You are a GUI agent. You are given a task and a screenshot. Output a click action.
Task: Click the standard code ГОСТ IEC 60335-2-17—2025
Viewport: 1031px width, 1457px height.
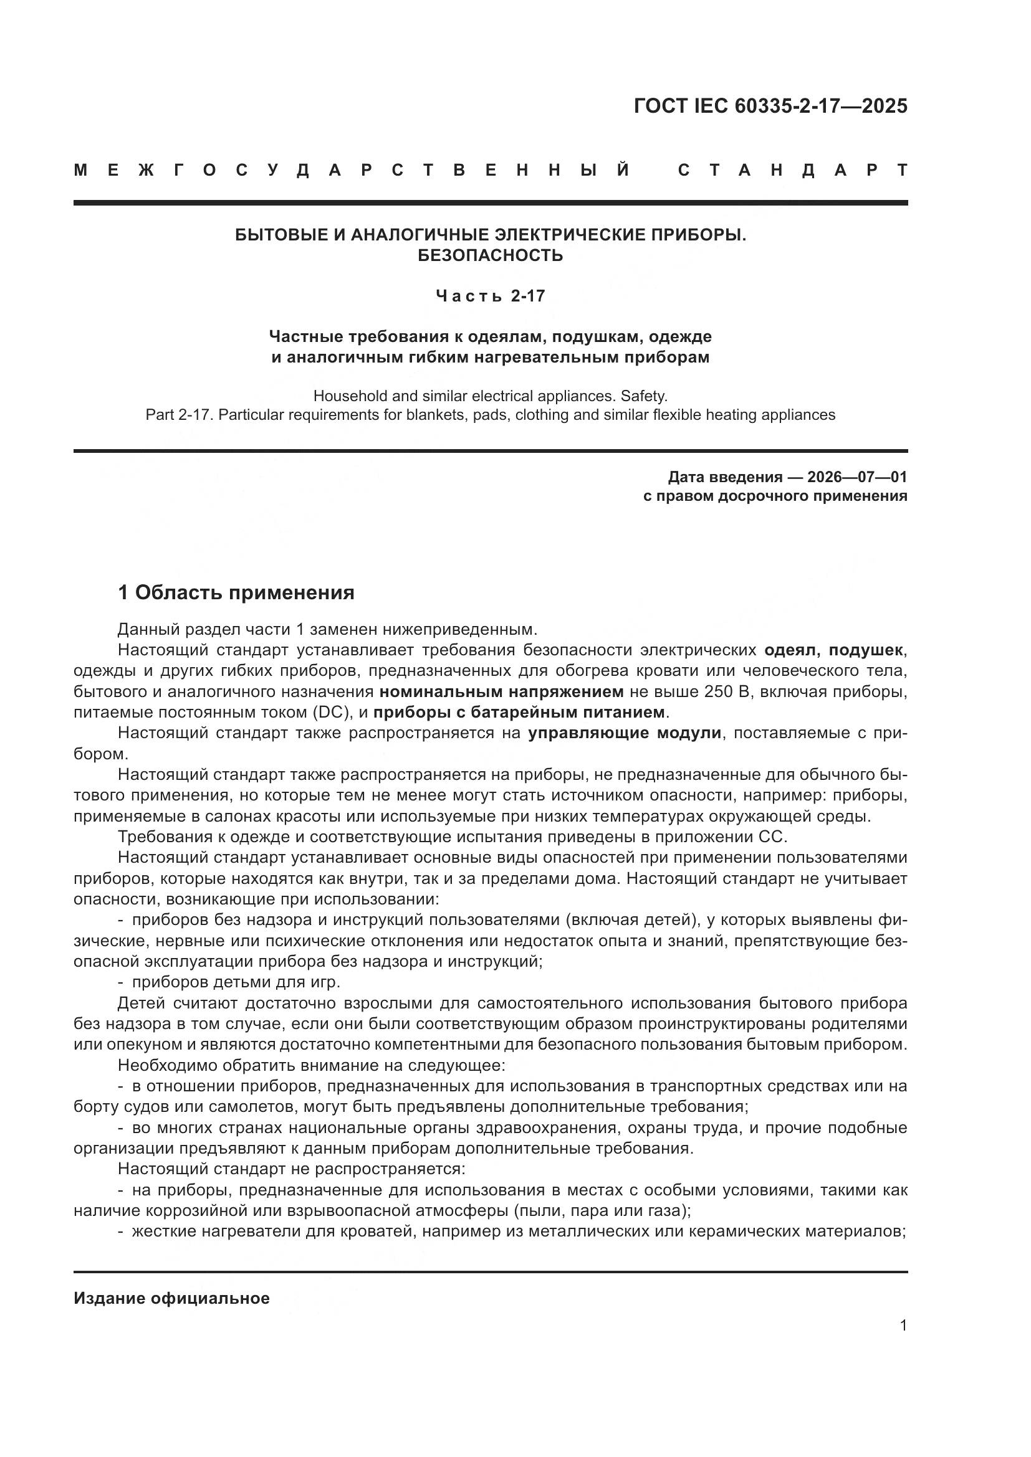pyautogui.click(x=770, y=106)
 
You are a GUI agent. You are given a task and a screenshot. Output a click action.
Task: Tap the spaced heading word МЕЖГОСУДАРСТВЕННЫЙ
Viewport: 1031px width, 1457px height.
pyautogui.click(x=352, y=170)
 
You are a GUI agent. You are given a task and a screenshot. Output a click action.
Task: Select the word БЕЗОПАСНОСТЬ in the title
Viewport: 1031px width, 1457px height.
pyautogui.click(x=490, y=256)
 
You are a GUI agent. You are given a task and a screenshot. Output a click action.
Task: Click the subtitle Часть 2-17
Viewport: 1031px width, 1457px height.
pyautogui.click(x=490, y=297)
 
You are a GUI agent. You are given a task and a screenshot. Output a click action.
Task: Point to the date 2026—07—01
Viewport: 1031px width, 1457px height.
pyautogui.click(x=857, y=477)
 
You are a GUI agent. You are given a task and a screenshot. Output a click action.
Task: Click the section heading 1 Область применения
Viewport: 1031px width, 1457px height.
pyautogui.click(x=236, y=592)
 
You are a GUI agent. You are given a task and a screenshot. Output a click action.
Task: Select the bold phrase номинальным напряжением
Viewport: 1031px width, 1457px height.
pyautogui.click(x=502, y=691)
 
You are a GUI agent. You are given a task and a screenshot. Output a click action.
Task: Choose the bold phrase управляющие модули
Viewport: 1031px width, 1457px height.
pyautogui.click(x=625, y=733)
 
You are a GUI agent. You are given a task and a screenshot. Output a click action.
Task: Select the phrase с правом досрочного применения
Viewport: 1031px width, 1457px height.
pyautogui.click(x=775, y=496)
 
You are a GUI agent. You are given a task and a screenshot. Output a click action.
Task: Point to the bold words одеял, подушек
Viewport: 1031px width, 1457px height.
pyautogui.click(x=833, y=650)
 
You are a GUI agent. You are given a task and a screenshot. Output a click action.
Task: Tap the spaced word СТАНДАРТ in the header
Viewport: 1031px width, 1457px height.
pyautogui.click(x=793, y=170)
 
